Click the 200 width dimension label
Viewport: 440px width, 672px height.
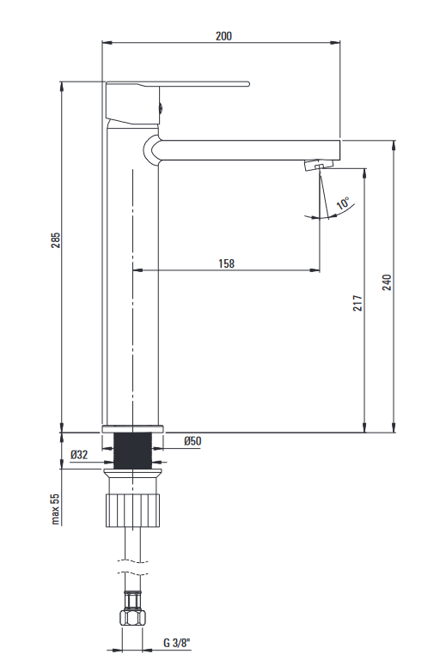tap(223, 36)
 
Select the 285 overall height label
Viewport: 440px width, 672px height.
tap(56, 240)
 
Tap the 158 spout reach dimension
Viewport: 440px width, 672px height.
tap(226, 263)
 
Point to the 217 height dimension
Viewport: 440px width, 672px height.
tap(357, 303)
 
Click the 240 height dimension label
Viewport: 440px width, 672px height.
tap(387, 282)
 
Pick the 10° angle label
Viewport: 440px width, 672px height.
tap(343, 203)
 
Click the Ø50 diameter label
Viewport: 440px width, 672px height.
tap(192, 440)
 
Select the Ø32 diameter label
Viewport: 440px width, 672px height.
tap(79, 454)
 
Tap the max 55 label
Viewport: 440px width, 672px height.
tap(55, 509)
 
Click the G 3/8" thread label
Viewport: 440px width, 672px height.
tap(176, 643)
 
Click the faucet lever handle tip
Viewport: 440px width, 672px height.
tap(247, 83)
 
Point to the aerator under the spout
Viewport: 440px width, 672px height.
tap(319, 165)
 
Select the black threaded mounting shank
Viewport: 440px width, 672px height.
tap(132, 451)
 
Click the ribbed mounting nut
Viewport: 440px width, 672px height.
tap(132, 511)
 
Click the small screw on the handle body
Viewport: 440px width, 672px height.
tap(161, 107)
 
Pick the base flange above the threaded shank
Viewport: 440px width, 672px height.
tap(132, 429)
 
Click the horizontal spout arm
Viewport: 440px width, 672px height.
tap(249, 149)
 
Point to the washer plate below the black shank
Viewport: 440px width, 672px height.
tap(132, 473)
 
